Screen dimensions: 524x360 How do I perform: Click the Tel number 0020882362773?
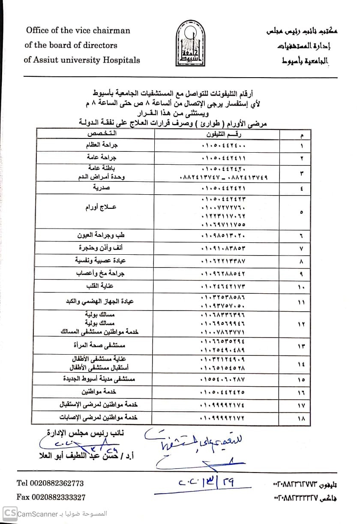(50, 483)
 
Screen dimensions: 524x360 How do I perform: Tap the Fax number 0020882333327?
(51, 497)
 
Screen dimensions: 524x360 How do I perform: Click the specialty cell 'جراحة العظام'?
(105, 146)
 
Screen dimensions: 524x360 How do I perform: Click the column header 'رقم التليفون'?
(224, 134)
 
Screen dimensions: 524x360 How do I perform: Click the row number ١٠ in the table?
(301, 286)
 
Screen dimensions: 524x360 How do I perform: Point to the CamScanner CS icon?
(10, 514)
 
